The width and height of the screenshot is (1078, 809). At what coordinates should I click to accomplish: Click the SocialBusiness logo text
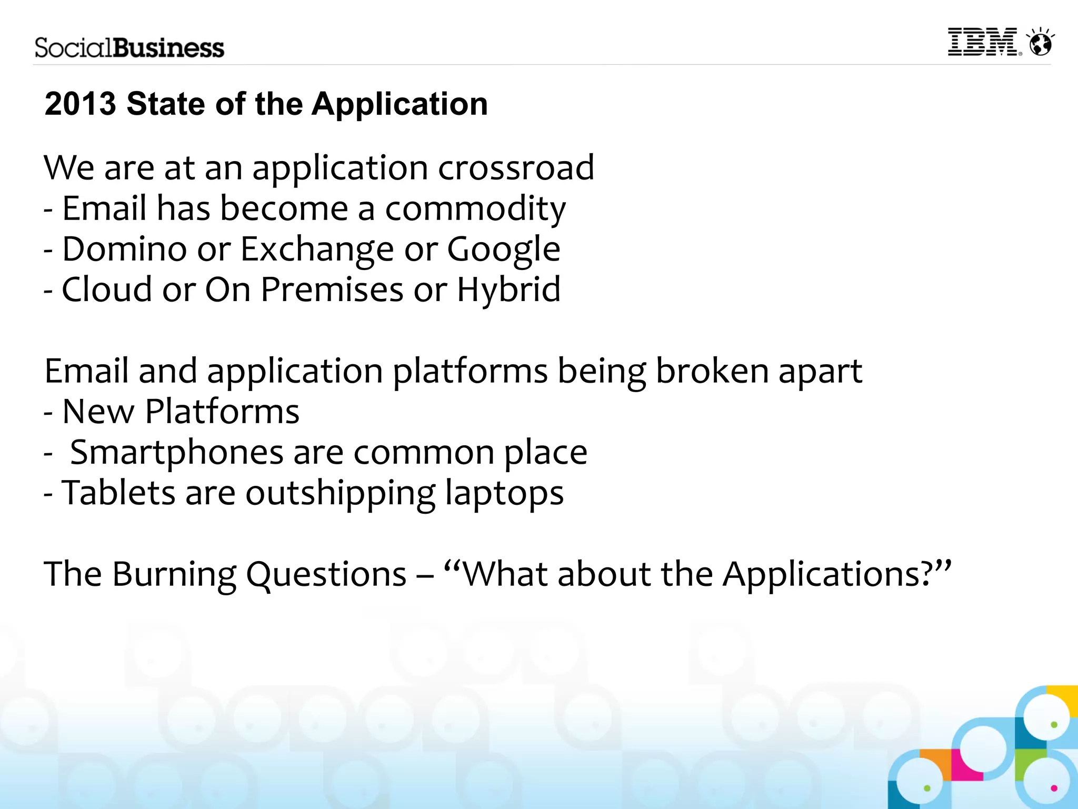point(129,48)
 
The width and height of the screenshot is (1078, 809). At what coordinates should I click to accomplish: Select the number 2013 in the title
point(80,104)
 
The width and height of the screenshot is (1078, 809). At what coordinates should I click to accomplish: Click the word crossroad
point(516,168)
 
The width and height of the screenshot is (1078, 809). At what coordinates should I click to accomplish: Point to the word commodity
point(475,209)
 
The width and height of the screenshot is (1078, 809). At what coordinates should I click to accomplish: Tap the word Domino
point(124,249)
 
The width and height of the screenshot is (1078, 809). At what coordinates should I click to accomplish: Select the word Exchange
point(317,249)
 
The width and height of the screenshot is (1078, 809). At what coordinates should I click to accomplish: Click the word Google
point(503,249)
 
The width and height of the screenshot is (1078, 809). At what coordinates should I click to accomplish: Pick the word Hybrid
point(508,290)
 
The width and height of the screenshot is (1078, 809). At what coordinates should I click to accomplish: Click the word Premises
point(332,290)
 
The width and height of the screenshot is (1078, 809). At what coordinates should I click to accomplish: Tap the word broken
point(712,371)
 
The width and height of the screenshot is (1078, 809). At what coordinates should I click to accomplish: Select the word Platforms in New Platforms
point(222,412)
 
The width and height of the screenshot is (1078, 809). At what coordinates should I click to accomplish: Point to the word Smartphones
point(177,453)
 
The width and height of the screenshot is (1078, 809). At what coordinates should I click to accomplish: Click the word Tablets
point(118,493)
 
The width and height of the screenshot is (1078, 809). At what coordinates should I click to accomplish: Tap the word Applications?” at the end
point(837,574)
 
